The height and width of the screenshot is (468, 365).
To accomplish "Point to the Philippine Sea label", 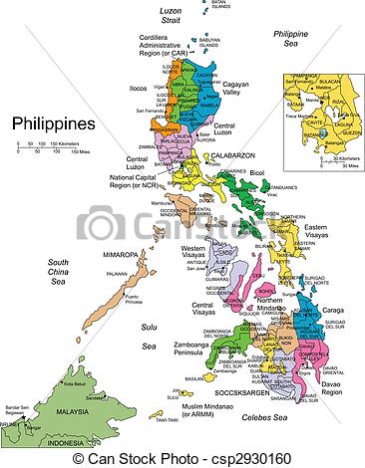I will click(x=295, y=39).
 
